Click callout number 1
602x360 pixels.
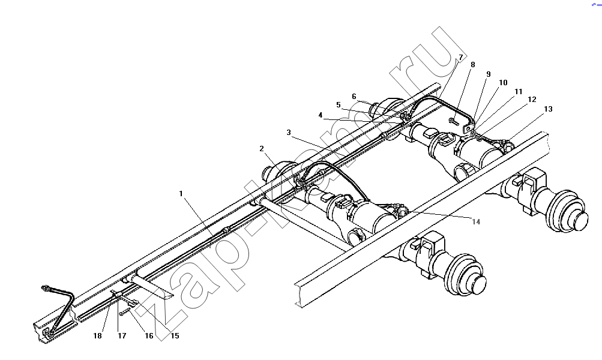point(181,194)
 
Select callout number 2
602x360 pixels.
point(262,149)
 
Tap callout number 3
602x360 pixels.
point(289,133)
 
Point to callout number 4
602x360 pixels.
point(321,115)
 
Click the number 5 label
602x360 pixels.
point(339,105)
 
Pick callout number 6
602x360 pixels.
point(354,97)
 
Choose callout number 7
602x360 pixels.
point(461,57)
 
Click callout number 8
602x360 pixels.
point(472,65)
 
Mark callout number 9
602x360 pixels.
point(489,74)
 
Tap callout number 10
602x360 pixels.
point(503,83)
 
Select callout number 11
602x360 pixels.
point(519,92)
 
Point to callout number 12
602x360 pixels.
point(532,100)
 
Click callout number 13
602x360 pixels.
point(548,109)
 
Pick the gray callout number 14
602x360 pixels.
point(476,222)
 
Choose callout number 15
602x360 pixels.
point(175,336)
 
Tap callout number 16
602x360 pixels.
point(149,336)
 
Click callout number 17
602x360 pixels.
point(122,336)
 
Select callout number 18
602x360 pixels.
point(97,336)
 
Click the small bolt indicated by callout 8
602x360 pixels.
point(453,122)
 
